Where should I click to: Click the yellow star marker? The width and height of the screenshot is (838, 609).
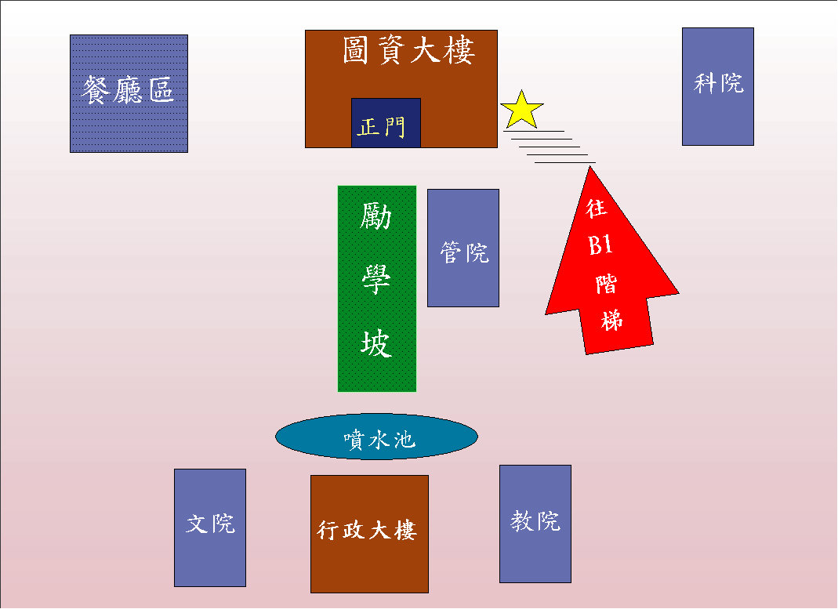click(x=521, y=111)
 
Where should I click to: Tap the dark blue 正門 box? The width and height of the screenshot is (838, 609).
click(x=386, y=123)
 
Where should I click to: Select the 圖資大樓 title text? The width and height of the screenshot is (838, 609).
click(x=408, y=52)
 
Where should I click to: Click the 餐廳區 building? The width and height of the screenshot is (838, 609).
click(x=129, y=93)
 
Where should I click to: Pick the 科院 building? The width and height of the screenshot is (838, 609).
click(x=717, y=86)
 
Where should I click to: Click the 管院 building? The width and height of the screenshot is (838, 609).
click(x=463, y=248)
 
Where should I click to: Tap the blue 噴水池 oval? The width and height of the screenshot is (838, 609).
click(x=376, y=437)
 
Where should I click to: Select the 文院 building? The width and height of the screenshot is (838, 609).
click(x=209, y=527)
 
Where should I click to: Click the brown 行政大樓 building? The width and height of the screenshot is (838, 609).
click(x=369, y=533)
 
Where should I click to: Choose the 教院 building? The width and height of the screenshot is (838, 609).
click(x=535, y=524)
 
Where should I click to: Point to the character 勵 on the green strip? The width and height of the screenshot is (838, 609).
click(x=376, y=217)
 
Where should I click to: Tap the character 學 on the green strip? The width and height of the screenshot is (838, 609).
click(x=376, y=279)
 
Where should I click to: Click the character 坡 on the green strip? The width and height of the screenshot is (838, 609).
click(x=376, y=343)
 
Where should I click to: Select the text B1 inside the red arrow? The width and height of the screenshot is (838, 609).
click(x=600, y=246)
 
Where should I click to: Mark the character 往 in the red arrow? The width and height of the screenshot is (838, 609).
click(x=597, y=208)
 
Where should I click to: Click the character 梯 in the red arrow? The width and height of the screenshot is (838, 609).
click(x=611, y=320)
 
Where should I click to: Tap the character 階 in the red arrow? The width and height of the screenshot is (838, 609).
click(x=606, y=283)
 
